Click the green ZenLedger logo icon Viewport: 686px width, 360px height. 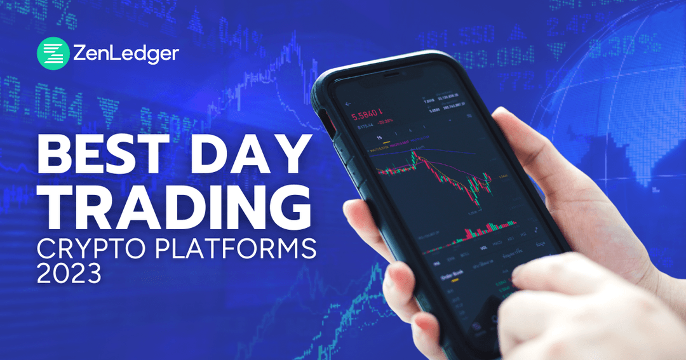(52, 53)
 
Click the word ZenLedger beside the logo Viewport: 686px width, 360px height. (124, 53)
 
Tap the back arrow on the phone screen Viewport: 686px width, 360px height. (347, 103)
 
